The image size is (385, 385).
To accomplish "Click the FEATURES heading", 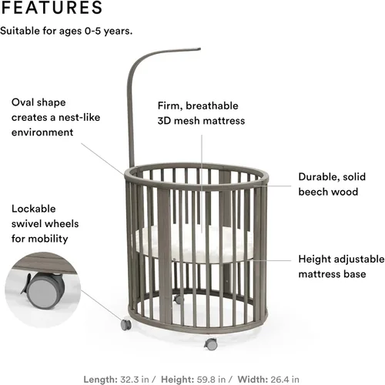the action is (x=52, y=7).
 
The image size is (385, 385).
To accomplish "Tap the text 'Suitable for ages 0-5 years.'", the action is (x=66, y=31).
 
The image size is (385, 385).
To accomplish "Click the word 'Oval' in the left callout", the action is (x=22, y=102).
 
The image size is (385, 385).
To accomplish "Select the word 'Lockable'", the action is (x=34, y=209).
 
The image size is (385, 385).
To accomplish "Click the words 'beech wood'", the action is (x=328, y=192).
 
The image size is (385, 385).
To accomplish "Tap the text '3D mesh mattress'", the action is (x=201, y=121).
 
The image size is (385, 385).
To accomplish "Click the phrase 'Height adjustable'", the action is (x=341, y=259).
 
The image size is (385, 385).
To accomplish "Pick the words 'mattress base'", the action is (x=332, y=274).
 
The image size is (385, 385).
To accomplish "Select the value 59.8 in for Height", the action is (x=211, y=380).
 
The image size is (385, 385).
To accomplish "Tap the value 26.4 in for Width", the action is (x=284, y=380).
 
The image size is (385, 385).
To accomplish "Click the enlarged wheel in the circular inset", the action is (x=44, y=290).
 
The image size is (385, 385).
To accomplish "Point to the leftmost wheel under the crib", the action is (x=126, y=325).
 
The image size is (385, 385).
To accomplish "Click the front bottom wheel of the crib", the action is (x=211, y=344).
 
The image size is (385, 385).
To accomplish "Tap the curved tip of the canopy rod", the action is (x=199, y=49).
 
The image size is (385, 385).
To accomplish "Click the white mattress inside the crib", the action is (x=194, y=244).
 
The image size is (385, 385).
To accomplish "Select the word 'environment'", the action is (x=42, y=132).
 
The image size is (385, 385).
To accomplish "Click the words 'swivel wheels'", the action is (x=45, y=224).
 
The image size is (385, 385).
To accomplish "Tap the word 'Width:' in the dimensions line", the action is (x=253, y=380).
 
